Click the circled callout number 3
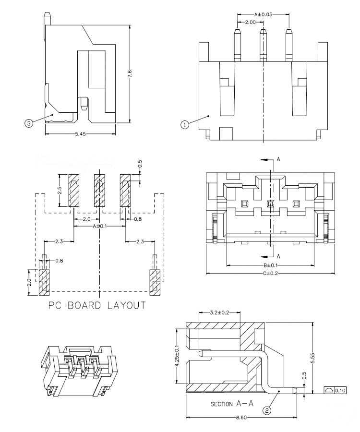(x=29, y=123)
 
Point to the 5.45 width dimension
(x=81, y=135)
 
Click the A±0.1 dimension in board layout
(x=99, y=226)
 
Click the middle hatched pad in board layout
(x=99, y=191)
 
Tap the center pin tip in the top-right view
(x=263, y=33)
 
